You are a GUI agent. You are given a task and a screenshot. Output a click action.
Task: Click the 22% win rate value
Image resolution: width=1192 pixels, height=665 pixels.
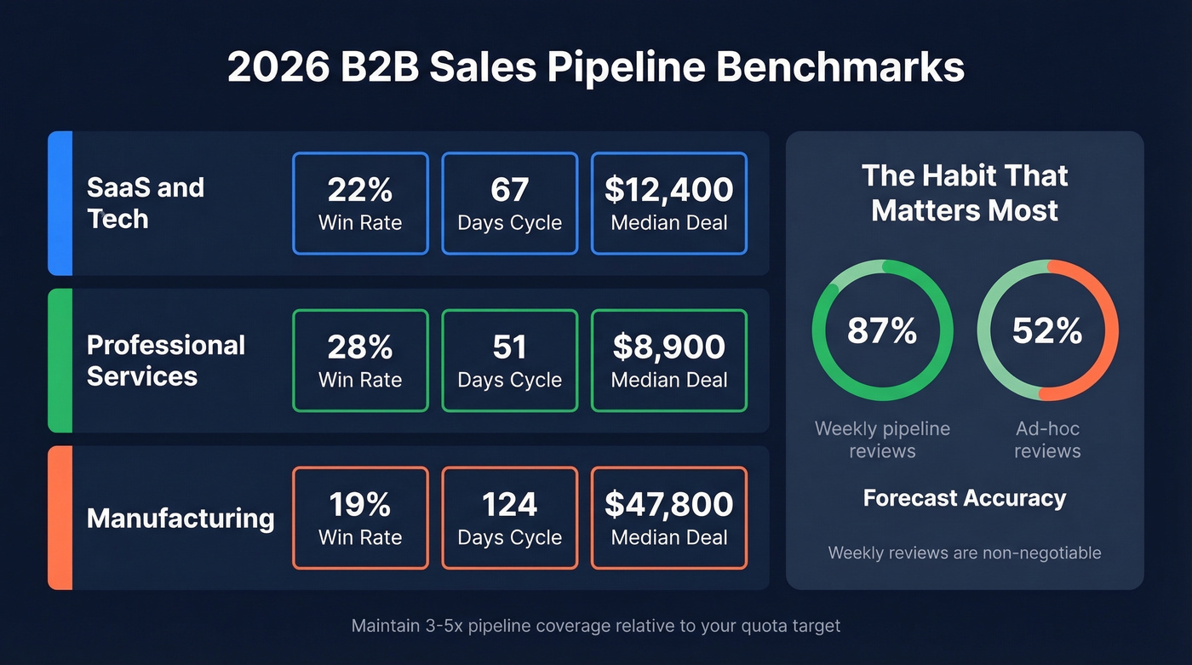[359, 190]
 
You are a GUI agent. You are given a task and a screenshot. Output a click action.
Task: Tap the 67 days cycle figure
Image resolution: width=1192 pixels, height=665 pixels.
[509, 190]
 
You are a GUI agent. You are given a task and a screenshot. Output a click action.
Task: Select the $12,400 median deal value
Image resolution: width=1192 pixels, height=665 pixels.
[668, 190]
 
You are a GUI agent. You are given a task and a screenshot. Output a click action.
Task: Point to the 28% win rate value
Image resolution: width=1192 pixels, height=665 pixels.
[359, 347]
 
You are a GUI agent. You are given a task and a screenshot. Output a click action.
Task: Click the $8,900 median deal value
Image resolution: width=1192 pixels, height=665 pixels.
[668, 347]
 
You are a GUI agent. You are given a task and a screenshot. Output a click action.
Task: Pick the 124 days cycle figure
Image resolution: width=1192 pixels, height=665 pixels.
[509, 504]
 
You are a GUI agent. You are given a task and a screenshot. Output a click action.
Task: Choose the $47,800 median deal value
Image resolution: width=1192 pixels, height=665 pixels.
[668, 504]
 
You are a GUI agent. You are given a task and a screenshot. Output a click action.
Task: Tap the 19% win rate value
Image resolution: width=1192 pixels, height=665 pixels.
[359, 504]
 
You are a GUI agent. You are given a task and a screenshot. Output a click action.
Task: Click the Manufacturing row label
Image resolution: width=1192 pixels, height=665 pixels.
[181, 518]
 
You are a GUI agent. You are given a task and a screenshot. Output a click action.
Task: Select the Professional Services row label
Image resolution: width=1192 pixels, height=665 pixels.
[166, 360]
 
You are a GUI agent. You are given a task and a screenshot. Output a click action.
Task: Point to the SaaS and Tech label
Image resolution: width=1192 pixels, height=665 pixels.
[146, 203]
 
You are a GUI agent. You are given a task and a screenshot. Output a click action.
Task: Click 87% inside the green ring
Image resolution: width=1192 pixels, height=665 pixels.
[882, 330]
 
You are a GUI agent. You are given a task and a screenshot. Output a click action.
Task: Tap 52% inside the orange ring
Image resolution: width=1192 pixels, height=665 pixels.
[1046, 330]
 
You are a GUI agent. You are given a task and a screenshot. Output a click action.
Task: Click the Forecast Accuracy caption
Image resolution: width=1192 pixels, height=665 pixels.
[964, 498]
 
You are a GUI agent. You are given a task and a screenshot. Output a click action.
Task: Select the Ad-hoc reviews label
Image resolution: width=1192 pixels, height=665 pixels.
[1046, 439]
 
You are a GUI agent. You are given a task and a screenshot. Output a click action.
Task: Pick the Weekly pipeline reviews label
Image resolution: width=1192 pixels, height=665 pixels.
[882, 439]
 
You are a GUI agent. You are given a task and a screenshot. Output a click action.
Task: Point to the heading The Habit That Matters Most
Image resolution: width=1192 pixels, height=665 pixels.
[964, 192]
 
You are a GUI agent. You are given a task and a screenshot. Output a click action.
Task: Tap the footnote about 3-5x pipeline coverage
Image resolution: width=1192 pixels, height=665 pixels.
[596, 626]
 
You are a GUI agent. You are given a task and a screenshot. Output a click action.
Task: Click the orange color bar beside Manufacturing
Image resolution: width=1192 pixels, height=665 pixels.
[60, 518]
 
